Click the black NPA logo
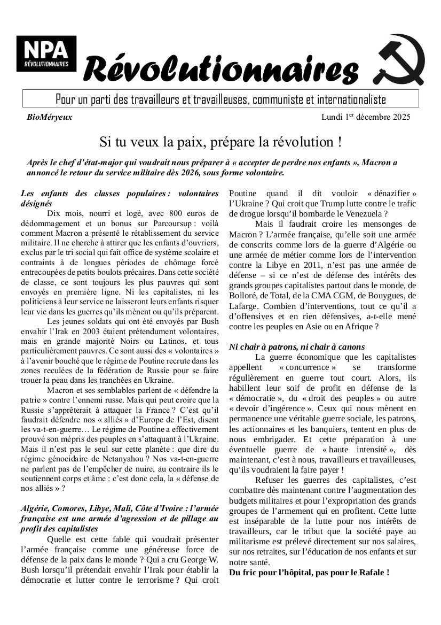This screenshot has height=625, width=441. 46,55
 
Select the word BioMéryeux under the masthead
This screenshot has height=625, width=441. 49,117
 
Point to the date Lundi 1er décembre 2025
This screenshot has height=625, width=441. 366,117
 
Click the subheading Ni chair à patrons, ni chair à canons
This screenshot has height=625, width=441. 297,347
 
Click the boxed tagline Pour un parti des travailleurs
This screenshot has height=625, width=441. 220,99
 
